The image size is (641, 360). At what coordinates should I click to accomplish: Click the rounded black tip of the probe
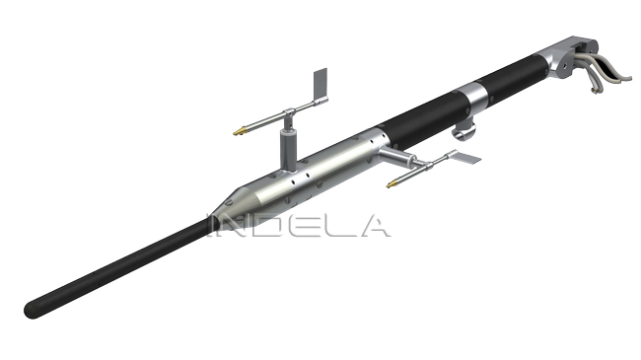pyautogui.click(x=32, y=310)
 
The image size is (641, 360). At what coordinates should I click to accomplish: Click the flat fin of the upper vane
pyautogui.click(x=320, y=85)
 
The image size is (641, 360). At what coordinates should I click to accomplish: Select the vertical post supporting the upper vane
pyautogui.click(x=289, y=148)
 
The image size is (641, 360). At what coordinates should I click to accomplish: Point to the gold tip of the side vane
pyautogui.click(x=392, y=184)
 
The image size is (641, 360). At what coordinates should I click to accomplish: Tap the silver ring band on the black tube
pyautogui.click(x=473, y=98)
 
